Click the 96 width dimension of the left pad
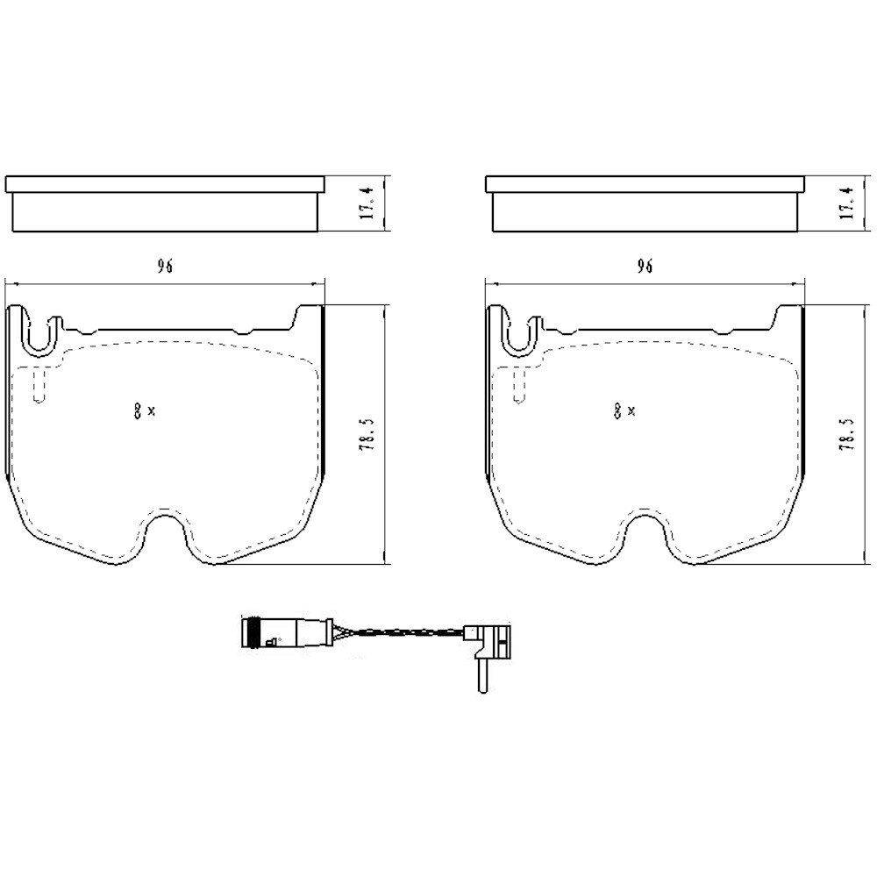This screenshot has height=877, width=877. click(x=163, y=267)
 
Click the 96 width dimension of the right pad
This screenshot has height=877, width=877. click(x=645, y=267)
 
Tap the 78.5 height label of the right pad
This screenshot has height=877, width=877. click(x=848, y=434)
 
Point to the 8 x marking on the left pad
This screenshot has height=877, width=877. click(x=144, y=410)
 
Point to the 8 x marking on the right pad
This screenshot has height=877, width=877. click(x=624, y=410)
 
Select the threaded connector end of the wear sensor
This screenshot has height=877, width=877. click(x=253, y=632)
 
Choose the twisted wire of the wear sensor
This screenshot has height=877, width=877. click(x=399, y=633)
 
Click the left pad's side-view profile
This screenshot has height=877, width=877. click(x=164, y=203)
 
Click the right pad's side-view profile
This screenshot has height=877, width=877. click(x=644, y=203)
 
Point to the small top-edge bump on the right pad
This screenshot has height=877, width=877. click(x=724, y=332)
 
